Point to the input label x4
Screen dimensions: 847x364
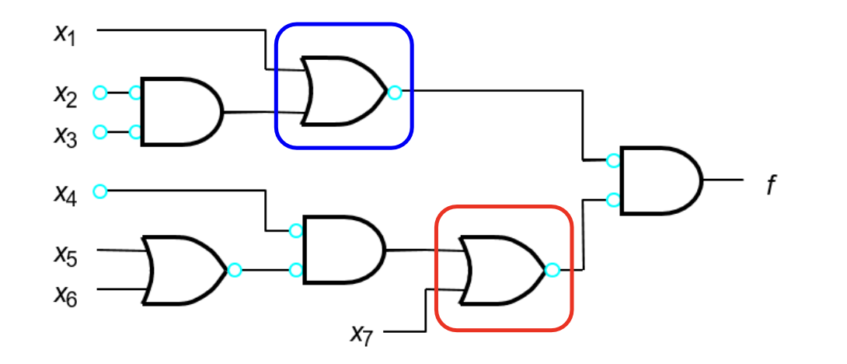tap(65, 194)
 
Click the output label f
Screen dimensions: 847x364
tap(772, 186)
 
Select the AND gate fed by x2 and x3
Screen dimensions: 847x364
tap(182, 112)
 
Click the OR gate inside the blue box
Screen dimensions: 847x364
tap(345, 91)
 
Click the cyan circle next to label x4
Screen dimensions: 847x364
tap(100, 191)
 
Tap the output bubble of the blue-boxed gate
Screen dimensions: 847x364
tap(395, 93)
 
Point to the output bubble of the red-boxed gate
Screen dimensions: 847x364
tap(552, 270)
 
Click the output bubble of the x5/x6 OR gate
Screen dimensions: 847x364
tap(235, 270)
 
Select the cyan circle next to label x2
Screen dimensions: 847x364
tap(100, 93)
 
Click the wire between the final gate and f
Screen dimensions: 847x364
tap(723, 180)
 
